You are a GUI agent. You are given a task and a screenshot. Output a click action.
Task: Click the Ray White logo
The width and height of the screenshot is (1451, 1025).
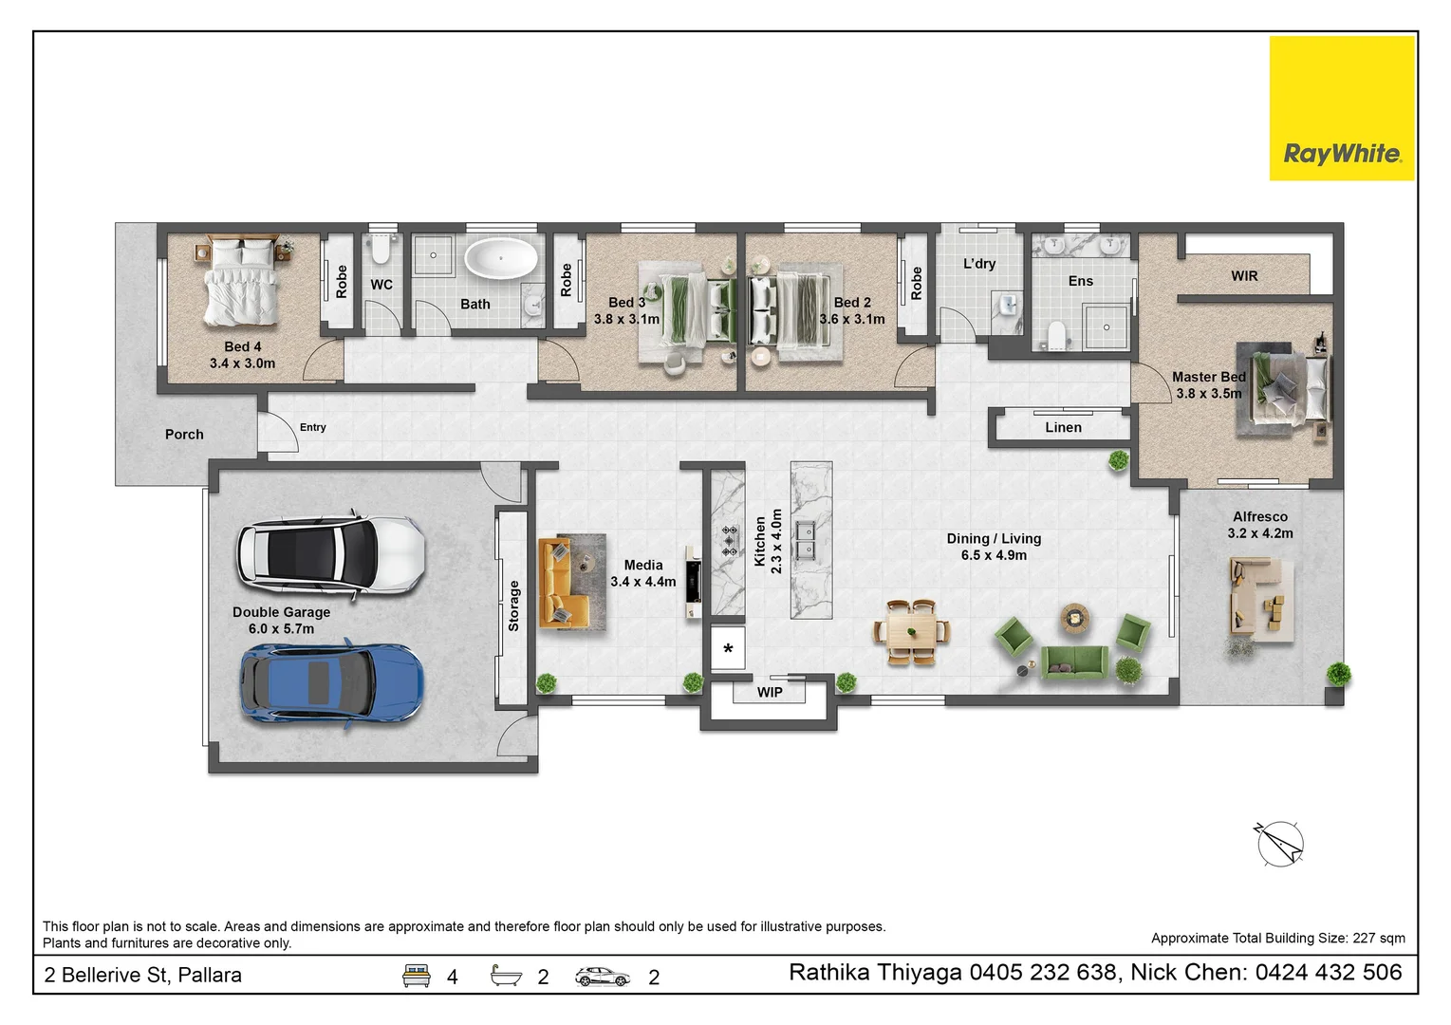[1342, 108]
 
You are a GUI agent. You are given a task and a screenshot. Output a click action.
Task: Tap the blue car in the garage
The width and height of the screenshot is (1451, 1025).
[332, 683]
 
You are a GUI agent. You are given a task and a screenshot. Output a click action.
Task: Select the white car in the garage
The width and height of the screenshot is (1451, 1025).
[331, 556]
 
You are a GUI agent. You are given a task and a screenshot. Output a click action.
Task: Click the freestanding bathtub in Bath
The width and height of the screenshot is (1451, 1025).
[501, 258]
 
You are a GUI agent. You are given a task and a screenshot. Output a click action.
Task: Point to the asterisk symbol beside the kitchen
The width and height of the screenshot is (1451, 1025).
[728, 648]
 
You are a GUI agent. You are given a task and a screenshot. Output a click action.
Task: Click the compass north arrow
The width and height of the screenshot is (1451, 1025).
[1279, 844]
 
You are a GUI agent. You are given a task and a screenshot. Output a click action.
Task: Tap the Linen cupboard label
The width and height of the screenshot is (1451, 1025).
[1063, 428]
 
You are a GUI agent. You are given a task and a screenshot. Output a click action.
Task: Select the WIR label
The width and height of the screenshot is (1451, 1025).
[1244, 276]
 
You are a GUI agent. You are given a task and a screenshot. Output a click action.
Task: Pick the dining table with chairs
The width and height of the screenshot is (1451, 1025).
[911, 632]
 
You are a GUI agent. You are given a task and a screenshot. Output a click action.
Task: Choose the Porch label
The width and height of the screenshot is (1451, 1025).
[184, 435]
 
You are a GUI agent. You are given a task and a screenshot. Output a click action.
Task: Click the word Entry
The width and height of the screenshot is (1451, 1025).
[313, 428]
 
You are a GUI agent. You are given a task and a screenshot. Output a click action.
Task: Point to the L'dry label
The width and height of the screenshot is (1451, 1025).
[979, 264]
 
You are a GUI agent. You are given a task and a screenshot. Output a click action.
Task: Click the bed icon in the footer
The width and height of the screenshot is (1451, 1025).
[417, 976]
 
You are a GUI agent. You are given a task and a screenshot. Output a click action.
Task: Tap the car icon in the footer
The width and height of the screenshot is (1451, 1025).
[603, 977]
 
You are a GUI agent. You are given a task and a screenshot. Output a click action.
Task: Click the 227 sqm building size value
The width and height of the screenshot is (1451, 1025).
[1379, 939]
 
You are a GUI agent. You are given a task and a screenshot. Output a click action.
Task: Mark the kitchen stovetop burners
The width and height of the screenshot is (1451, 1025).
[730, 540]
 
